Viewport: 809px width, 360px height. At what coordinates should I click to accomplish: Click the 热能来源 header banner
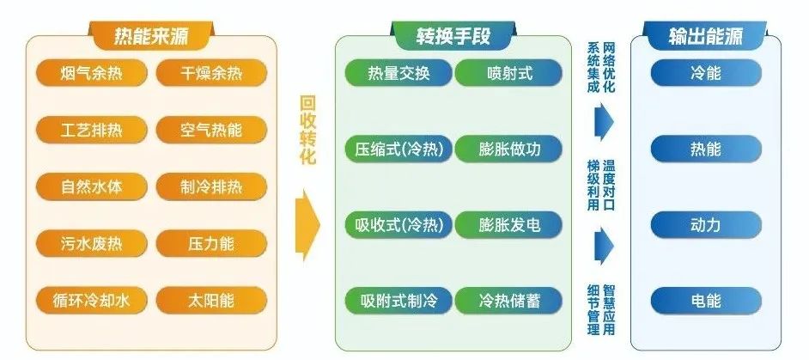coord(151,35)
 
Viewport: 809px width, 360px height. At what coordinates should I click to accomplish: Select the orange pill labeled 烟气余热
coord(91,73)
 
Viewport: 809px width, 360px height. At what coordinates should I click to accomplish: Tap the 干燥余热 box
coord(211,73)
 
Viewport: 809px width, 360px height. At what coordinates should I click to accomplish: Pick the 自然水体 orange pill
coord(91,186)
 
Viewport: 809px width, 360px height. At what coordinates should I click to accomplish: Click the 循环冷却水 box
coord(91,300)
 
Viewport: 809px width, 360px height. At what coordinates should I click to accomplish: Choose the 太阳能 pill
coord(211,300)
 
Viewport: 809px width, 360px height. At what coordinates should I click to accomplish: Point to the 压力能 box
coord(211,243)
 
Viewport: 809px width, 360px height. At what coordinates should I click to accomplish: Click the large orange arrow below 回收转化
coord(307,225)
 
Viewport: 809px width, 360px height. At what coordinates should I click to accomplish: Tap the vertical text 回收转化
coord(307,130)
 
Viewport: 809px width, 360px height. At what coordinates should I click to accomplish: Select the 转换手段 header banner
coord(453,35)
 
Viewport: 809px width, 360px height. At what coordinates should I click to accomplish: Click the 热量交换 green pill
coord(398,73)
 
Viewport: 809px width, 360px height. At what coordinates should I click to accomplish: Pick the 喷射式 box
coord(508,73)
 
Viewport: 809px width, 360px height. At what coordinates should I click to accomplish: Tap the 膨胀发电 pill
coord(508,224)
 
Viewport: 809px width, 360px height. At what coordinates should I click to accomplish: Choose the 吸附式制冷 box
coord(398,301)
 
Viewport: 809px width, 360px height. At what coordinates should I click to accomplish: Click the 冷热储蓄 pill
coord(508,301)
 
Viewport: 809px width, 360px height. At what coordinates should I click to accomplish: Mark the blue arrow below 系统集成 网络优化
coord(604,122)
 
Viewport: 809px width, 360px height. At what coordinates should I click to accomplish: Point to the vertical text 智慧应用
coord(610,309)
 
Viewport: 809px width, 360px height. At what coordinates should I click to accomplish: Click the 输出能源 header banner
coord(706,35)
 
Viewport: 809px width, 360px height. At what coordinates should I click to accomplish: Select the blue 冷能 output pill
coord(706,73)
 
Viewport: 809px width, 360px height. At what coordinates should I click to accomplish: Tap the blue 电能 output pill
coord(706,301)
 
